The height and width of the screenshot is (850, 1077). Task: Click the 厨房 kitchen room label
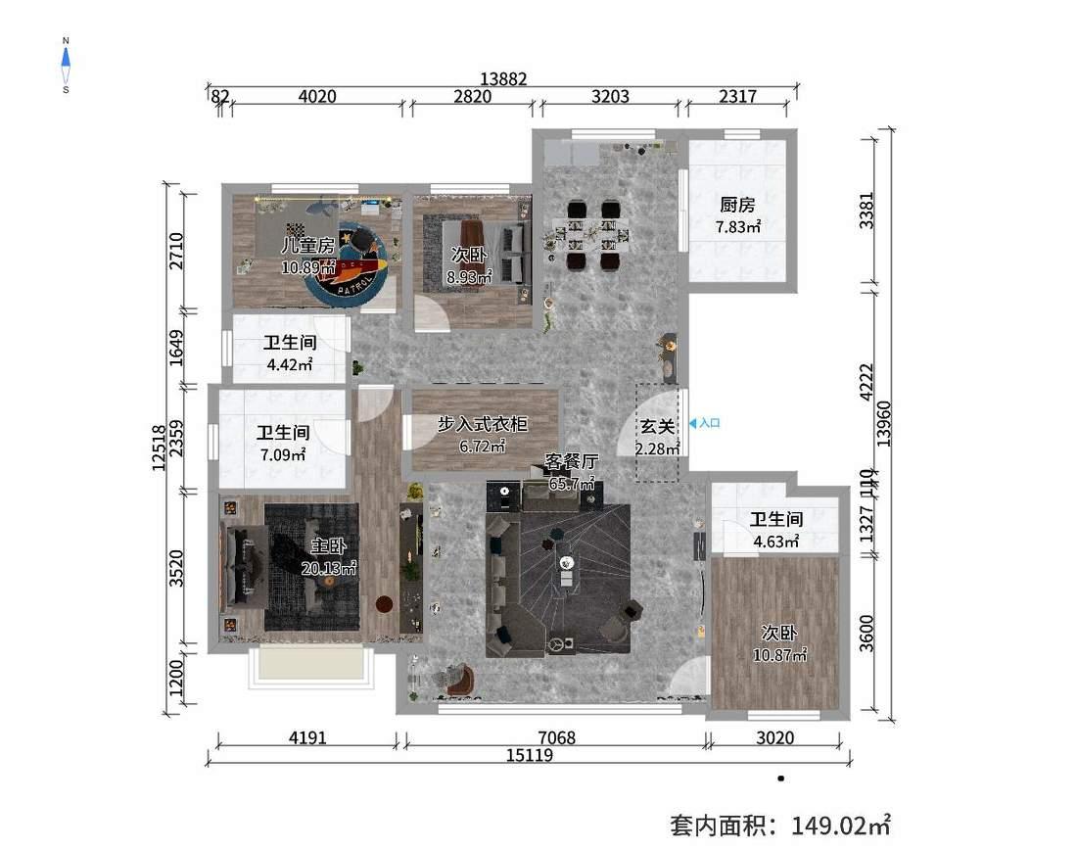point(738,205)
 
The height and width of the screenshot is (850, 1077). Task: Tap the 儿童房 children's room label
point(308,246)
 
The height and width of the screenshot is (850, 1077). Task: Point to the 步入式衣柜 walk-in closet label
point(482,424)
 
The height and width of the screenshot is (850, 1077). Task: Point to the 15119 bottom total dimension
point(529,755)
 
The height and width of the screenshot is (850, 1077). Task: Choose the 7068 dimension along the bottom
point(554,737)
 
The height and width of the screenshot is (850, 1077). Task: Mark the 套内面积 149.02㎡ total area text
point(779,825)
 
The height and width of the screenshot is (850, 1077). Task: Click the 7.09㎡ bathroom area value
point(283,454)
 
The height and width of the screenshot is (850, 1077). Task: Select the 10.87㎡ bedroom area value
point(779,655)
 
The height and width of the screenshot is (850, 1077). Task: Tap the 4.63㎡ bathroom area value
point(775,541)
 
